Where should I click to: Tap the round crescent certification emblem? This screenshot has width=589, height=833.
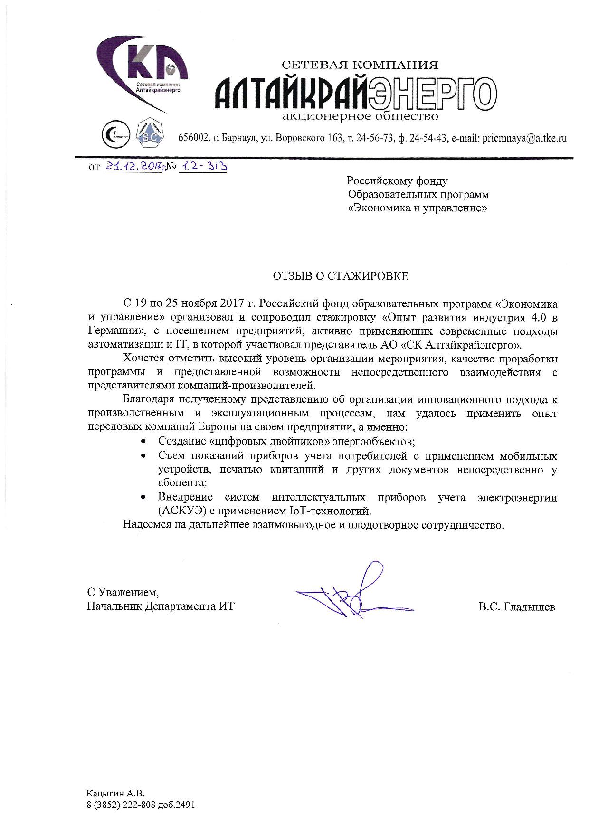[116, 134]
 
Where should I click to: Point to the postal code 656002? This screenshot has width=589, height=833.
[193, 138]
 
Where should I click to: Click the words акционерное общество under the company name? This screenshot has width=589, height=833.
[360, 116]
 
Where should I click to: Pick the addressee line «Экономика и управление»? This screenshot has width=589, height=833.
[418, 208]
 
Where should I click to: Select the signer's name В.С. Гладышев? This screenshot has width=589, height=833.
[517, 606]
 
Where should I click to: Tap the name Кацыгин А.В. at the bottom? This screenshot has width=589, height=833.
[115, 793]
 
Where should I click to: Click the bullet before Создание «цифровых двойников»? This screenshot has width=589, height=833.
[143, 441]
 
